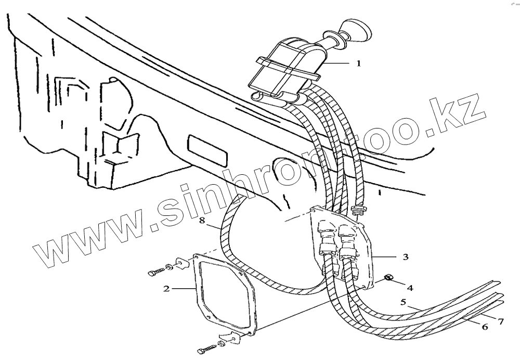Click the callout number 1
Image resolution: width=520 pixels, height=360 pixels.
pyautogui.click(x=358, y=63)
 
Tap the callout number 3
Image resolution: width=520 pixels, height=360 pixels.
pyautogui.click(x=406, y=256)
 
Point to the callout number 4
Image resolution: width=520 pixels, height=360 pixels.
pyautogui.click(x=410, y=287)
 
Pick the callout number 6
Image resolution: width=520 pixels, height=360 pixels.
pyautogui.click(x=484, y=327)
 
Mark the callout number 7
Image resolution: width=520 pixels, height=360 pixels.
pyautogui.click(x=501, y=322)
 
